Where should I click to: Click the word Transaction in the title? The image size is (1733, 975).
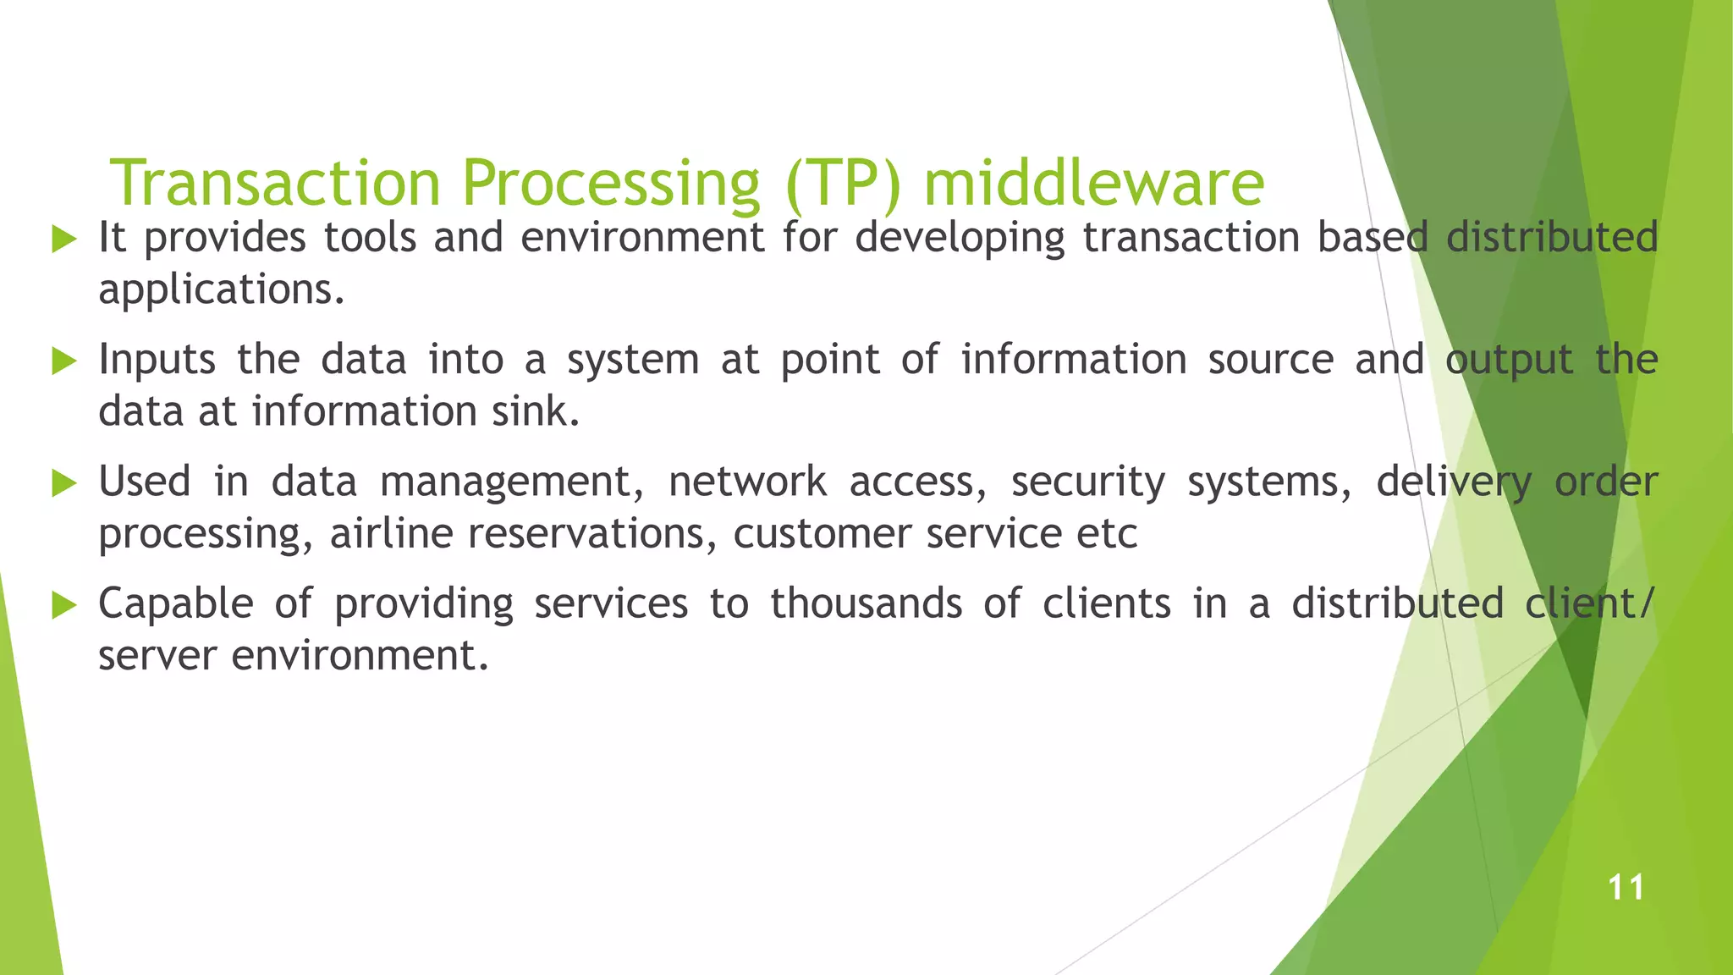click(x=275, y=183)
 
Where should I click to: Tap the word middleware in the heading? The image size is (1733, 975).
click(x=1093, y=183)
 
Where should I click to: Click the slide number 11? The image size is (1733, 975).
click(x=1626, y=888)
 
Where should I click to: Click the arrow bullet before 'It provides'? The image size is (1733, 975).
click(x=64, y=239)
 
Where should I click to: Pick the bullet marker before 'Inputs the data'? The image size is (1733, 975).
click(x=64, y=361)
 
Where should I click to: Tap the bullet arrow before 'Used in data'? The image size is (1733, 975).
click(x=64, y=483)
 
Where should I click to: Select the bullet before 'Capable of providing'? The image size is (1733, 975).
click(x=64, y=605)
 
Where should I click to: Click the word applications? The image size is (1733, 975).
click(x=222, y=291)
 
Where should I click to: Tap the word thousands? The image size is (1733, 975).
click(x=866, y=604)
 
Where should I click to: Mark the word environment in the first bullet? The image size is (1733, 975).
click(x=642, y=237)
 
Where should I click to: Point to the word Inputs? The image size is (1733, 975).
click(x=157, y=361)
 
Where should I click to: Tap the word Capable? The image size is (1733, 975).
click(x=176, y=604)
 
